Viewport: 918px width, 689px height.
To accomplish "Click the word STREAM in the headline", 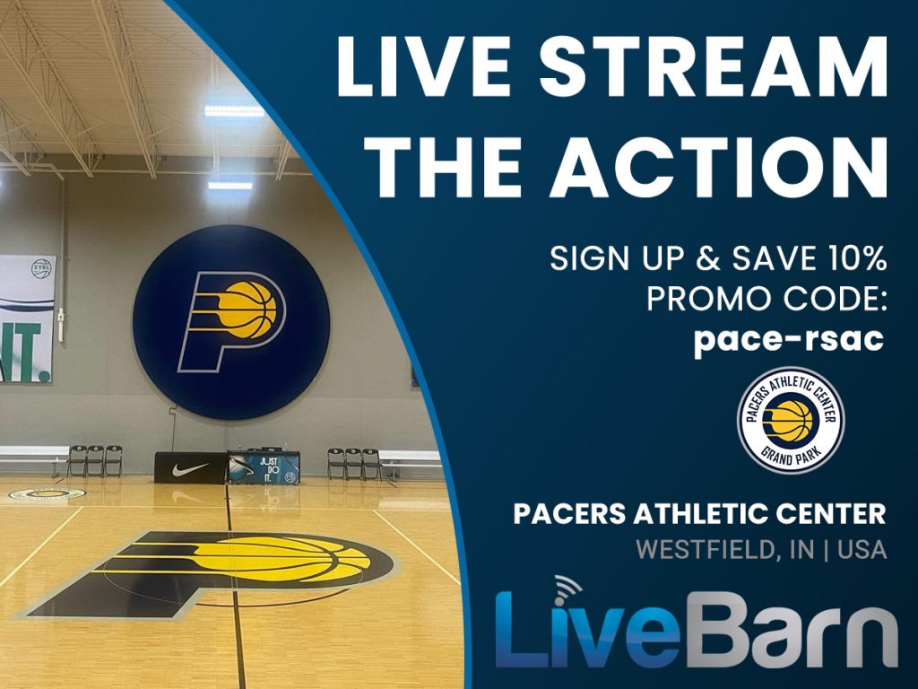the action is (x=713, y=65).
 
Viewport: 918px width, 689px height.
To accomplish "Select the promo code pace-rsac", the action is (x=789, y=340).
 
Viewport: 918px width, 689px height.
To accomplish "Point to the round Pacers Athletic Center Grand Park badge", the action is (x=791, y=420).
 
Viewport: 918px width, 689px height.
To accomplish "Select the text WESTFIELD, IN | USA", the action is (x=761, y=550).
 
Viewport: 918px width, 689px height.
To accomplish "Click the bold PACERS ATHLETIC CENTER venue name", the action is (x=699, y=514).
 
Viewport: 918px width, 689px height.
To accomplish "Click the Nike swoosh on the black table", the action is (x=190, y=468).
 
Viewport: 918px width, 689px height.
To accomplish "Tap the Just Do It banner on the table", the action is (x=264, y=467).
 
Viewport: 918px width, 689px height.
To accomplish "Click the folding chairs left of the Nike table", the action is (x=94, y=460).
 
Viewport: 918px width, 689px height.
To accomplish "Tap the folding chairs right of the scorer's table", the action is (x=353, y=463).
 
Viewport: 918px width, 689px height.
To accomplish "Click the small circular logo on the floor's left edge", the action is (x=47, y=494).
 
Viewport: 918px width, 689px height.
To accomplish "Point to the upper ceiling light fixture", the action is (x=234, y=110).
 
